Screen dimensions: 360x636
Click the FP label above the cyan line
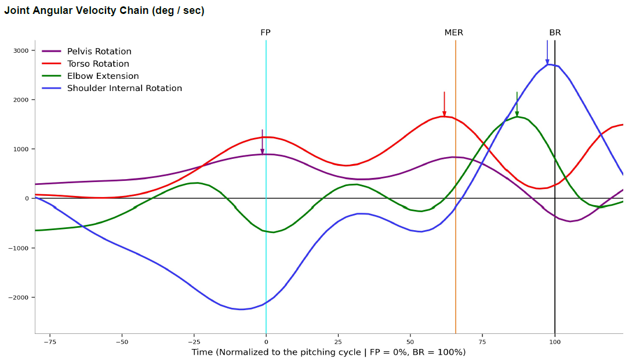pyautogui.click(x=265, y=32)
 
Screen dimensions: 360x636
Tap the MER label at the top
pyautogui.click(x=453, y=32)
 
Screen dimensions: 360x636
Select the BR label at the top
pyautogui.click(x=555, y=32)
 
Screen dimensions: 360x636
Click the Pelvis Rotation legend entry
pyautogui.click(x=99, y=52)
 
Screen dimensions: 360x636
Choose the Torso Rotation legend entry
pyautogui.click(x=97, y=64)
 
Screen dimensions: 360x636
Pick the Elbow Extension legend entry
pyautogui.click(x=103, y=76)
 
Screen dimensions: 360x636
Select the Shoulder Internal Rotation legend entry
pyautogui.click(x=124, y=88)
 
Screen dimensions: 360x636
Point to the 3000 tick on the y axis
pyautogui.click(x=21, y=50)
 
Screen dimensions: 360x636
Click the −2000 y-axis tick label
pyautogui.click(x=19, y=297)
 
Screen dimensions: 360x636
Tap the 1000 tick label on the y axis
pyautogui.click(x=21, y=149)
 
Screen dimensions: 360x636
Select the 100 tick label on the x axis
pyautogui.click(x=555, y=341)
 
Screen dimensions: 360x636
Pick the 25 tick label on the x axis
pyautogui.click(x=338, y=341)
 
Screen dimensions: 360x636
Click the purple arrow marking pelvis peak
pyautogui.click(x=262, y=142)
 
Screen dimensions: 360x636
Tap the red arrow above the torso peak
pyautogui.click(x=444, y=104)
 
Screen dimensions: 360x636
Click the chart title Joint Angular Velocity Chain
pyautogui.click(x=104, y=10)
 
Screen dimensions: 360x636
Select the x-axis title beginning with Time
pyautogui.click(x=329, y=352)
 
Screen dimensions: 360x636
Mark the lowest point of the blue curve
pyautogui.click(x=241, y=309)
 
